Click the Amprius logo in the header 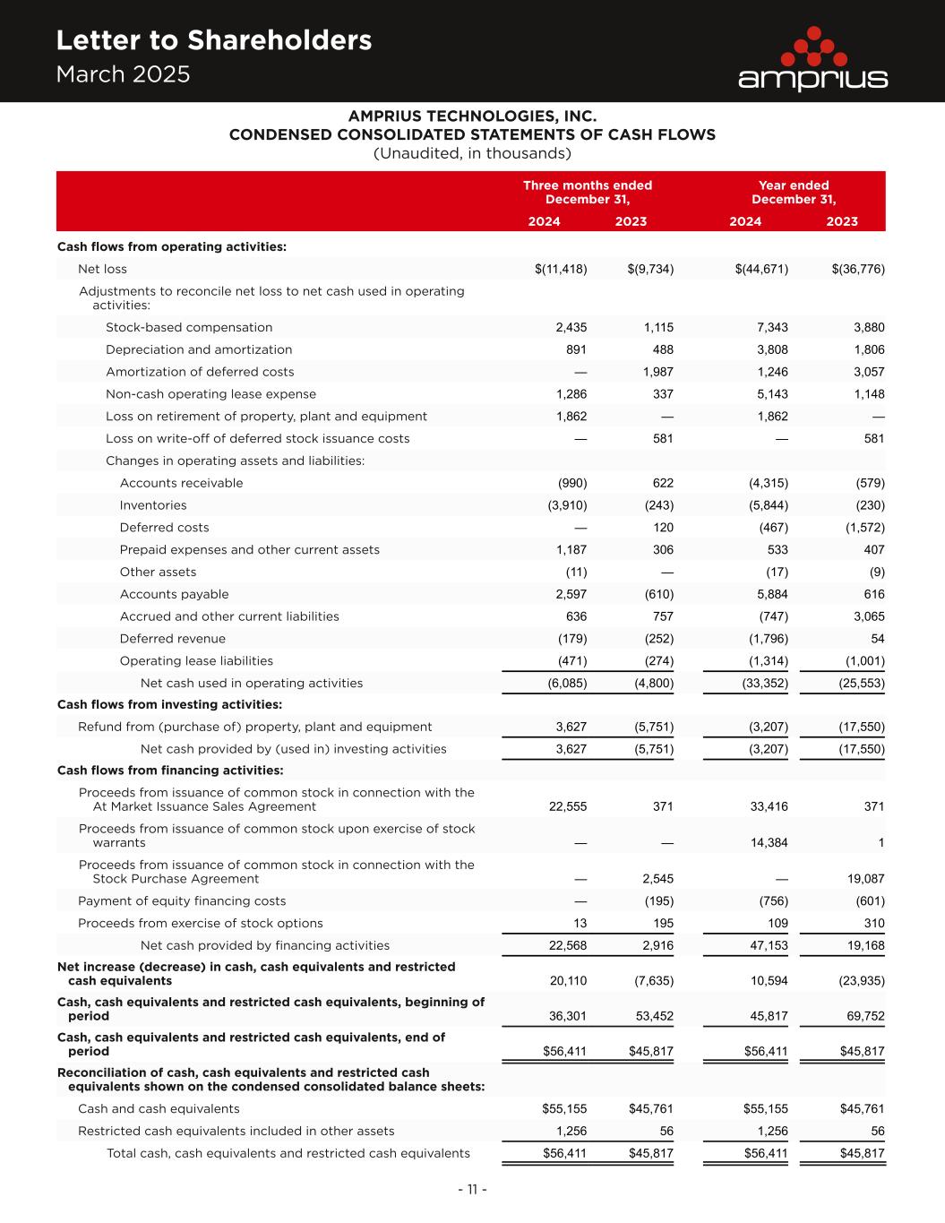click(x=812, y=60)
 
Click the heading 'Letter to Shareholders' click(x=213, y=40)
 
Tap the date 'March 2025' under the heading click(x=123, y=74)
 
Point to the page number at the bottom click(x=472, y=1190)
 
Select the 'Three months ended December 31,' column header click(x=588, y=193)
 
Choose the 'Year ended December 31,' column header click(x=794, y=193)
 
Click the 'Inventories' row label click(x=153, y=505)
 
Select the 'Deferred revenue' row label click(x=173, y=639)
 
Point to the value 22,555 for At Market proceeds click(x=568, y=806)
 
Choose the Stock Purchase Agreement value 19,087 click(x=865, y=879)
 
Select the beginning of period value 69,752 click(x=865, y=1016)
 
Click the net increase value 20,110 click(x=568, y=980)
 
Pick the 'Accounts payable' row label click(x=174, y=594)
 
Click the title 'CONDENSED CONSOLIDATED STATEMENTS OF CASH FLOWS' click(x=472, y=135)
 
